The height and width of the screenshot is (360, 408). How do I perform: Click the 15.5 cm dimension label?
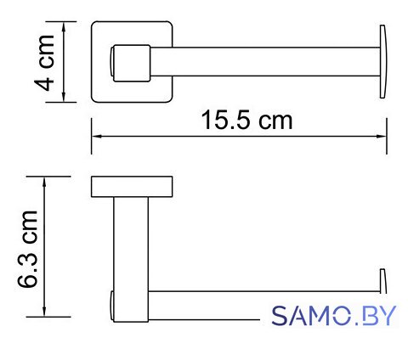click(246, 121)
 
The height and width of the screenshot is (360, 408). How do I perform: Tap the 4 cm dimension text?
click(44, 63)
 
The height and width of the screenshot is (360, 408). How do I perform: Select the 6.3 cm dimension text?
click(27, 249)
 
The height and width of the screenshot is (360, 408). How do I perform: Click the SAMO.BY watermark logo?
click(334, 315)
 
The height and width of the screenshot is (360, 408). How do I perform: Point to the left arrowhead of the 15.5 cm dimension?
click(96, 137)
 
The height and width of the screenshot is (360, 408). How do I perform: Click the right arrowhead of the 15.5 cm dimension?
click(382, 137)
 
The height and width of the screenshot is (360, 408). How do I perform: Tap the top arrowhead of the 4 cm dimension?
click(64, 26)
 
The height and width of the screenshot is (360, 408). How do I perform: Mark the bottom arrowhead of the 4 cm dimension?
click(64, 97)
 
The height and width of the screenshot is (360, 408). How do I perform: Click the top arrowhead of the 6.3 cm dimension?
click(44, 182)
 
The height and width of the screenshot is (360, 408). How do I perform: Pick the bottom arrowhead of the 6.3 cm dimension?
click(44, 312)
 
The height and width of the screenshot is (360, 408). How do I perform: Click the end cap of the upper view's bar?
click(383, 62)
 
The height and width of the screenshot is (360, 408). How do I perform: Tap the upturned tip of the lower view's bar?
click(382, 281)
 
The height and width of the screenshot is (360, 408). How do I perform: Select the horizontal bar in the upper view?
click(265, 62)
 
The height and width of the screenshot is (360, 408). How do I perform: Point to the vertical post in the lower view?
click(131, 259)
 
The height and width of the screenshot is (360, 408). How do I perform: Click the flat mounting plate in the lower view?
click(132, 187)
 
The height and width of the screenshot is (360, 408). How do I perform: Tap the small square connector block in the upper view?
click(132, 63)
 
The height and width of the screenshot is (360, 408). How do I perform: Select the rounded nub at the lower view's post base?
click(112, 306)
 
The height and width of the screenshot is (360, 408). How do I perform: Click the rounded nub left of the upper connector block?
click(111, 62)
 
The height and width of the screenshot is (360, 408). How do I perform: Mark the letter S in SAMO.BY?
click(280, 315)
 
